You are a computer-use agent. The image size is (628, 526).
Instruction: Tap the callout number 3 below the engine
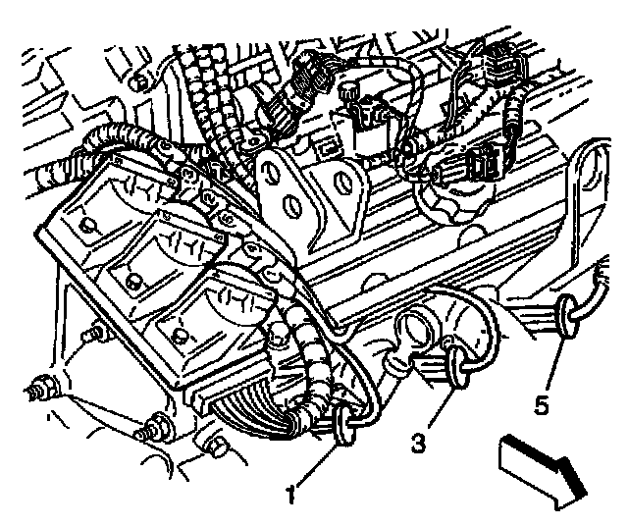point(418,443)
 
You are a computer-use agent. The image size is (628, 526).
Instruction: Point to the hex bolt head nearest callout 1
point(218,447)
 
